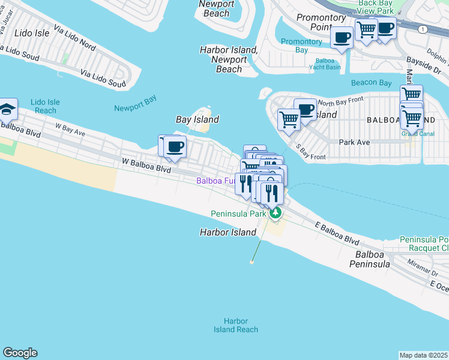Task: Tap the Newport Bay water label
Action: click(x=135, y=108)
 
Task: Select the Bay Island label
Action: click(x=197, y=120)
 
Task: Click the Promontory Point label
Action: click(x=321, y=22)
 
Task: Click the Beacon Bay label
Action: click(x=372, y=82)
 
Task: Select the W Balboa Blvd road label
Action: click(x=146, y=162)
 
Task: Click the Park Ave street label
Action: click(x=354, y=143)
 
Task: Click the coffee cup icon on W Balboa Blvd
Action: click(x=175, y=146)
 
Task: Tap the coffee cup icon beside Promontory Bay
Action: click(x=342, y=38)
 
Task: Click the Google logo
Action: click(x=20, y=353)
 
